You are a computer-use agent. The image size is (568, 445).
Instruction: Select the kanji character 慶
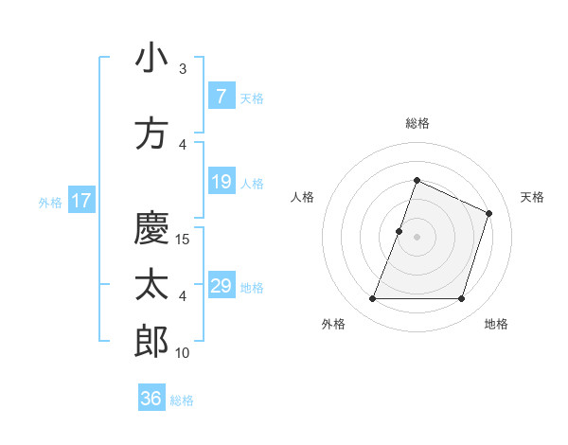click(x=151, y=227)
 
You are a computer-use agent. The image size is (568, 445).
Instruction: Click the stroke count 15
click(x=184, y=240)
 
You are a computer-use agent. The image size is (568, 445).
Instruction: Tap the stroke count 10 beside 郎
click(x=184, y=353)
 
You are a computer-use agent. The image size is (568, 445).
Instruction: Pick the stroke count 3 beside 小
click(x=183, y=69)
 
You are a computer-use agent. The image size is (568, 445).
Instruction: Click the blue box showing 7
click(x=221, y=97)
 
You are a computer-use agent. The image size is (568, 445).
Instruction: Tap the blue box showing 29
click(x=221, y=286)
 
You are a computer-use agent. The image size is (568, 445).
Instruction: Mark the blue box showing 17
click(x=80, y=201)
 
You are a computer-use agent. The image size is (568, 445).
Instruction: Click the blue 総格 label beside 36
click(x=182, y=400)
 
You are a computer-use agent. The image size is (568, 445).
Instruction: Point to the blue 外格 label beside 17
click(x=50, y=202)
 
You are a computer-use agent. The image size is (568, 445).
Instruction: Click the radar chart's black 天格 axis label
click(x=532, y=197)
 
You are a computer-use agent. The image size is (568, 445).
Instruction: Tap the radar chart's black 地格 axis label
click(x=496, y=324)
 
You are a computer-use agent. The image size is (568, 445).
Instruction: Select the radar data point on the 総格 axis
click(x=417, y=180)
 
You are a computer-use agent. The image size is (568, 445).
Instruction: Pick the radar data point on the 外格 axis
click(x=372, y=299)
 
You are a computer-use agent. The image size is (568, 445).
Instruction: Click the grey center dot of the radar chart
click(x=417, y=237)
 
